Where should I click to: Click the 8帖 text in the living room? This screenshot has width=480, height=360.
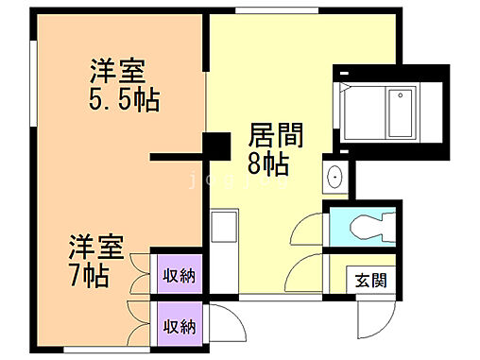click(x=268, y=164)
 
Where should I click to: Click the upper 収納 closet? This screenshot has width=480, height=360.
click(x=180, y=276)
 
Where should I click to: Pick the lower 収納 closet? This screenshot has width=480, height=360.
click(x=180, y=327)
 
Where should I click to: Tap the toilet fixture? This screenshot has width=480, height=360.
click(x=369, y=226)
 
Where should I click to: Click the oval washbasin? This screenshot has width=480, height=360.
click(x=334, y=178)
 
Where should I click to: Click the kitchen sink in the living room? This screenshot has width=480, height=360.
click(x=224, y=230)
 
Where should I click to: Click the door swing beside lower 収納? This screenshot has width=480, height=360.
click(x=215, y=327)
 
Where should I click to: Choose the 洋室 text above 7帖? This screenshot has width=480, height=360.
click(x=95, y=248)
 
